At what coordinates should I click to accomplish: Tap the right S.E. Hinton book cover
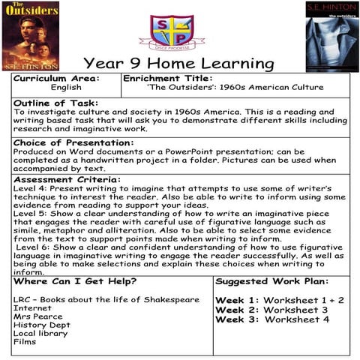pos(331,36)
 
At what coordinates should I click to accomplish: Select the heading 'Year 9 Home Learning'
pos(178,63)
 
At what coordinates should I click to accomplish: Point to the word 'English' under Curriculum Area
pos(66,88)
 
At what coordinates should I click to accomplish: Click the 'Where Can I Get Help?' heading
pos(75,281)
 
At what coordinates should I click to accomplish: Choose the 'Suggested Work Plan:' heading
pos(271,281)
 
